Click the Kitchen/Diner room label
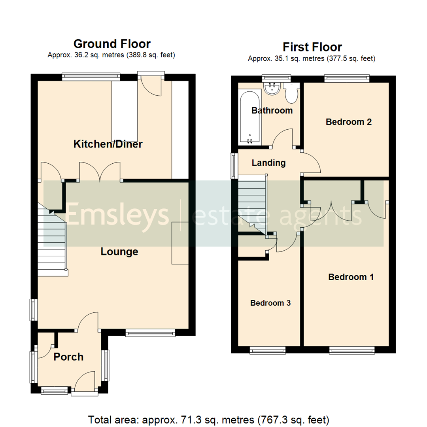(x=108, y=144)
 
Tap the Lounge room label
(x=119, y=251)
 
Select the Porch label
(x=68, y=357)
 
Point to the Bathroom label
(x=272, y=110)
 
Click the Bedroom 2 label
(x=349, y=122)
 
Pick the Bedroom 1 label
(x=351, y=277)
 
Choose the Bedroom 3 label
(x=270, y=303)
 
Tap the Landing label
(x=269, y=162)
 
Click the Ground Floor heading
(x=112, y=43)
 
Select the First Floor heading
(x=312, y=47)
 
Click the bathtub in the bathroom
(x=249, y=117)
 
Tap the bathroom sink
(x=272, y=88)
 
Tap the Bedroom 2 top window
(x=347, y=79)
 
